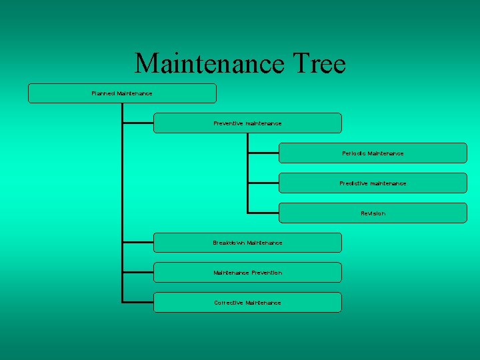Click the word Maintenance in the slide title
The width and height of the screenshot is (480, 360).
(x=209, y=64)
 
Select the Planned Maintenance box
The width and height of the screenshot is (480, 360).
(x=122, y=93)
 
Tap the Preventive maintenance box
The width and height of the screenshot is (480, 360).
(x=247, y=123)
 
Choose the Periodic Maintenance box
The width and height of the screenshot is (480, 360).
(x=373, y=153)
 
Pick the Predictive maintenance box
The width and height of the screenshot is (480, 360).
(x=373, y=183)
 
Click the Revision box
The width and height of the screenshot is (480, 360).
(x=373, y=213)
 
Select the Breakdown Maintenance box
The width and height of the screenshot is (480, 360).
(x=247, y=243)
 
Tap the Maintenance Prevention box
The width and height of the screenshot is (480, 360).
(x=247, y=273)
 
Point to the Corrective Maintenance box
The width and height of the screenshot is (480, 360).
(x=247, y=303)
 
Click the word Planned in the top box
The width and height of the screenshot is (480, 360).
(x=103, y=93)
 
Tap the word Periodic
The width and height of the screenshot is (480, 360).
(x=353, y=153)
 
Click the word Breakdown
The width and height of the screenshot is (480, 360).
(x=229, y=243)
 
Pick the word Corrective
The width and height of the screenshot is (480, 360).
(x=229, y=303)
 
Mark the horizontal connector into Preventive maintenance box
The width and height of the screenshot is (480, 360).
(x=138, y=123)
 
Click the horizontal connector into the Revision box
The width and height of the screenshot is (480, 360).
(x=263, y=213)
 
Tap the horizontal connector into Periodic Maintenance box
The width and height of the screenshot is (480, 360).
(x=263, y=153)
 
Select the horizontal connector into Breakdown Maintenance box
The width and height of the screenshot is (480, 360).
(x=138, y=243)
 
